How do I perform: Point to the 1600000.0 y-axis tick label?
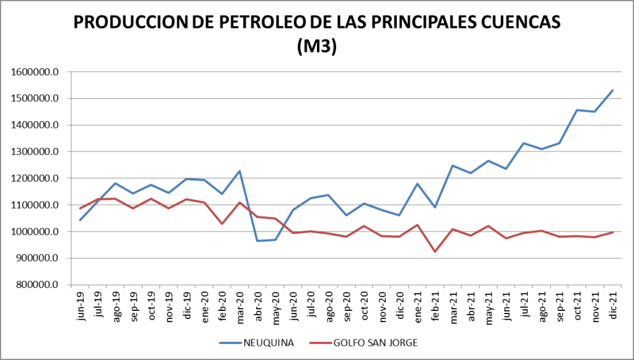35,72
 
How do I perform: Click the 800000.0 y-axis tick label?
37,285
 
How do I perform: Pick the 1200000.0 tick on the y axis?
35,178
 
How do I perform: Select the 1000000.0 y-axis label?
35,232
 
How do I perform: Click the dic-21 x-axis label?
612,304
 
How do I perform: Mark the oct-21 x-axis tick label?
577,305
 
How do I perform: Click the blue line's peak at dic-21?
612,91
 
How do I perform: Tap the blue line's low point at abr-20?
257,241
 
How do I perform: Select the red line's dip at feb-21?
435,251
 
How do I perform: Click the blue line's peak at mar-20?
240,171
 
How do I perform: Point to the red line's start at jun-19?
81,209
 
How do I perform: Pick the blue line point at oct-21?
577,110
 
